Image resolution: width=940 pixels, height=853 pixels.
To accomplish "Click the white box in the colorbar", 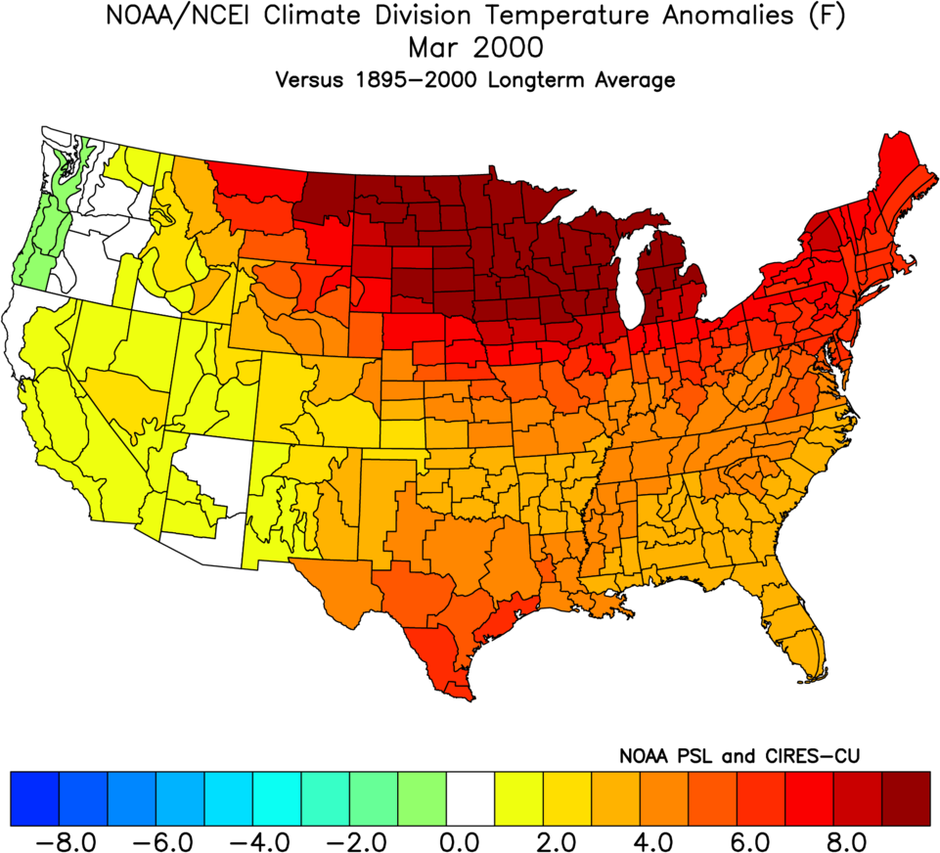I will tap(470, 798).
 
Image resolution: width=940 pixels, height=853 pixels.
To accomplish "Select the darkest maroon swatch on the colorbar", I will tap(907, 798).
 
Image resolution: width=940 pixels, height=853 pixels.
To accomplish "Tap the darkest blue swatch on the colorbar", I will tap(34, 798).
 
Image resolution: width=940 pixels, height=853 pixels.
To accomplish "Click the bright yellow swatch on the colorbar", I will tap(519, 798).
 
